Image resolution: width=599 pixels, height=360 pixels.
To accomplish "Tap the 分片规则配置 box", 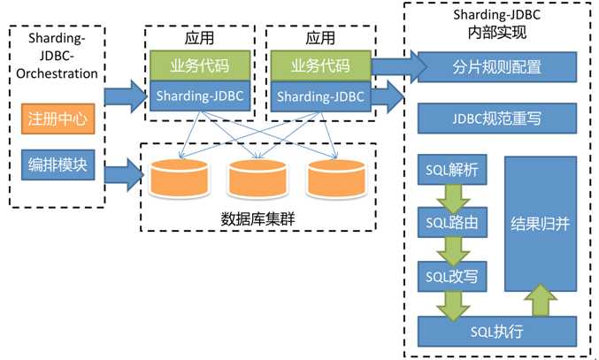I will pyautogui.click(x=496, y=66).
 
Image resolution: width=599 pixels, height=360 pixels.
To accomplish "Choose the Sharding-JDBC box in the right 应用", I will pyautogui.click(x=318, y=95).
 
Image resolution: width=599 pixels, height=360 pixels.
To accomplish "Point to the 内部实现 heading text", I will pyautogui.click(x=496, y=34).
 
